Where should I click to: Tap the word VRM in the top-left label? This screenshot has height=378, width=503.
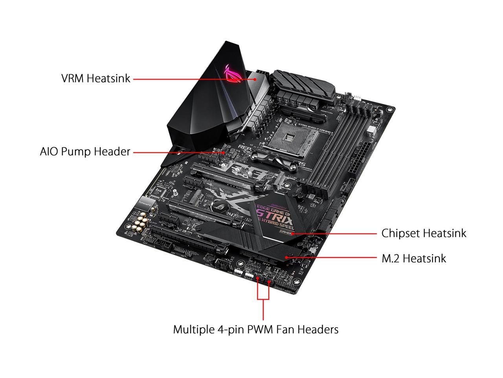(73, 78)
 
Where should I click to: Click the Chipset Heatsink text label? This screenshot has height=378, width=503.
(424, 233)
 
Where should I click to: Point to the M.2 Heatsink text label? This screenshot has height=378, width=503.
(414, 259)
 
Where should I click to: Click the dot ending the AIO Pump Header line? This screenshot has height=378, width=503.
(224, 152)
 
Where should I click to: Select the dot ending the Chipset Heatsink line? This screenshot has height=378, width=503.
(293, 233)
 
